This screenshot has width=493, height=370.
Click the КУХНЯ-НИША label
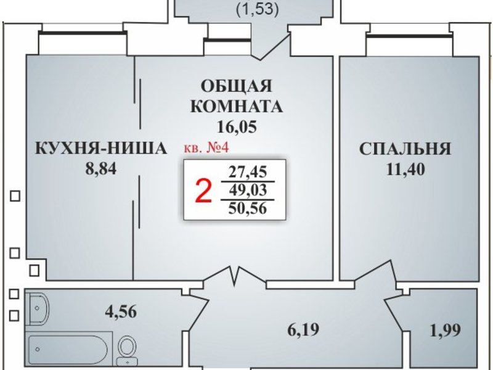[x=100, y=148]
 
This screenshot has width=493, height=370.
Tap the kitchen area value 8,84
[x=101, y=168]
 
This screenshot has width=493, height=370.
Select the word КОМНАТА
[x=237, y=106]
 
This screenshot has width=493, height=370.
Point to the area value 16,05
[x=237, y=127]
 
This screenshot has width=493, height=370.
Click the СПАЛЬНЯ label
[x=405, y=149]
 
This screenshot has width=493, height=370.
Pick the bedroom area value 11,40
[x=405, y=169]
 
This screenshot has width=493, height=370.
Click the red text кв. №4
[x=206, y=147]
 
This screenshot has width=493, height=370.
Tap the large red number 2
[x=203, y=191]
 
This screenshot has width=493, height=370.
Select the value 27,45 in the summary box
[x=248, y=172]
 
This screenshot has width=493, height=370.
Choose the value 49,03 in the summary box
[x=248, y=190]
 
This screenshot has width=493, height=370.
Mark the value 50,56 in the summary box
[x=248, y=208]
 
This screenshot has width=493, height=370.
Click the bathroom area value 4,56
[x=121, y=312]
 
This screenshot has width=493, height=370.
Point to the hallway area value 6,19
[x=303, y=329]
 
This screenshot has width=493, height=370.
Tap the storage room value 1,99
[x=445, y=330]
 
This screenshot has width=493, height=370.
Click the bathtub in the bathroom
[x=68, y=349]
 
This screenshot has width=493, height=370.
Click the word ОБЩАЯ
[x=237, y=86]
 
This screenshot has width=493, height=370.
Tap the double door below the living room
[x=235, y=275]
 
